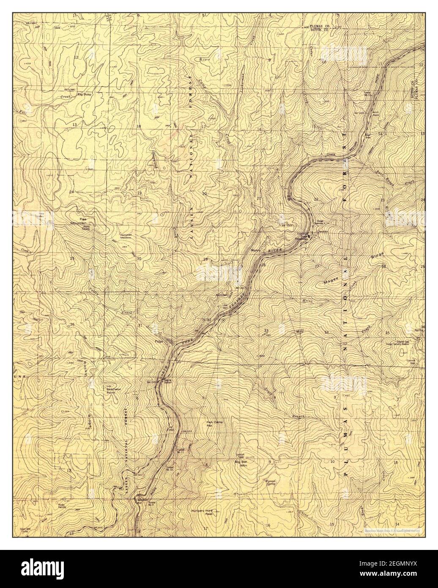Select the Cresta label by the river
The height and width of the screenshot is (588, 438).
pyautogui.click(x=331, y=155)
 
